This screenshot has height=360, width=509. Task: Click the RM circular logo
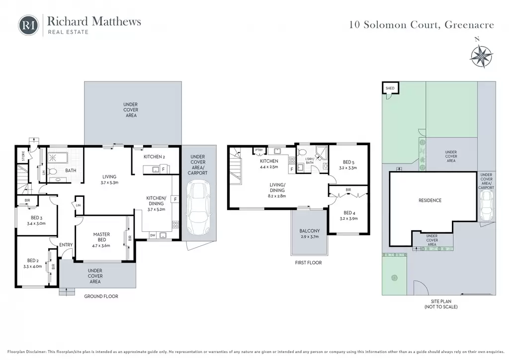click(28, 25)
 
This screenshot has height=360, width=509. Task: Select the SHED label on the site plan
click(390, 88)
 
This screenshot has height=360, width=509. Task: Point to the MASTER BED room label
click(101, 240)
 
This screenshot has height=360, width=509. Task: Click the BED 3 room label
click(36, 220)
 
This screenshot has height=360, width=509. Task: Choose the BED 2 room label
click(32, 263)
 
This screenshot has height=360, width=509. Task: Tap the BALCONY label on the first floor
click(309, 234)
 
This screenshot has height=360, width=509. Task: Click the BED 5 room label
click(348, 165)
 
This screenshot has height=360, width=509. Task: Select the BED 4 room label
click(348, 215)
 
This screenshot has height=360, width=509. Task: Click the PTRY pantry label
click(258, 150)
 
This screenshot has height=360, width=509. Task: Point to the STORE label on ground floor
click(23, 156)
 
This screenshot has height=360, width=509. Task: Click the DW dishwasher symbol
click(153, 235)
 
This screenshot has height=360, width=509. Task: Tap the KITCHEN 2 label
click(154, 157)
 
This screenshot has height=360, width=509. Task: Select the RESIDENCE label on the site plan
click(430, 200)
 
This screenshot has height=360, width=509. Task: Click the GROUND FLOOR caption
click(101, 296)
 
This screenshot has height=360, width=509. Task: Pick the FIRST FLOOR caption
click(308, 263)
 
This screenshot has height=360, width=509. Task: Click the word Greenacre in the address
click(469, 25)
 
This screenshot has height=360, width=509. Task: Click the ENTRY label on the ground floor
click(66, 245)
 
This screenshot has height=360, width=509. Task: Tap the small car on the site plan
click(487, 205)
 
